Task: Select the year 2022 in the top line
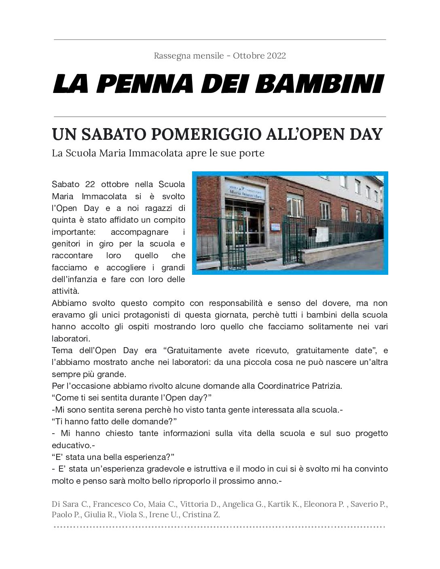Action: click(276, 55)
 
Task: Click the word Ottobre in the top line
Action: click(248, 55)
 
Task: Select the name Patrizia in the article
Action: click(326, 386)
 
